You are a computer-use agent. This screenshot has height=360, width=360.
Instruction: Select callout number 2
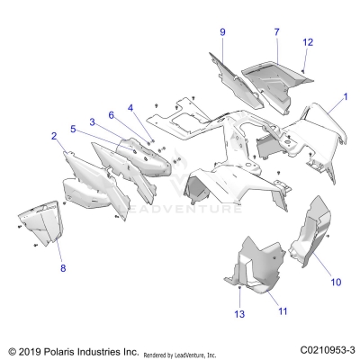(x=54, y=136)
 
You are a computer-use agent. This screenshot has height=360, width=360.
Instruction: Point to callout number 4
(x=130, y=108)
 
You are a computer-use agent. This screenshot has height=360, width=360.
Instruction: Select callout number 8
(x=62, y=268)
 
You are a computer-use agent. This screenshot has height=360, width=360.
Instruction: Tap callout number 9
(x=221, y=32)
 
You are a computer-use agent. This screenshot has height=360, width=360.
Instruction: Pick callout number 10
(x=336, y=282)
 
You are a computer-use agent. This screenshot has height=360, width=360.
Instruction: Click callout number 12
(x=308, y=42)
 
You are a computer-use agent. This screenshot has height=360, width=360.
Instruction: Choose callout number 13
(x=238, y=314)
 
